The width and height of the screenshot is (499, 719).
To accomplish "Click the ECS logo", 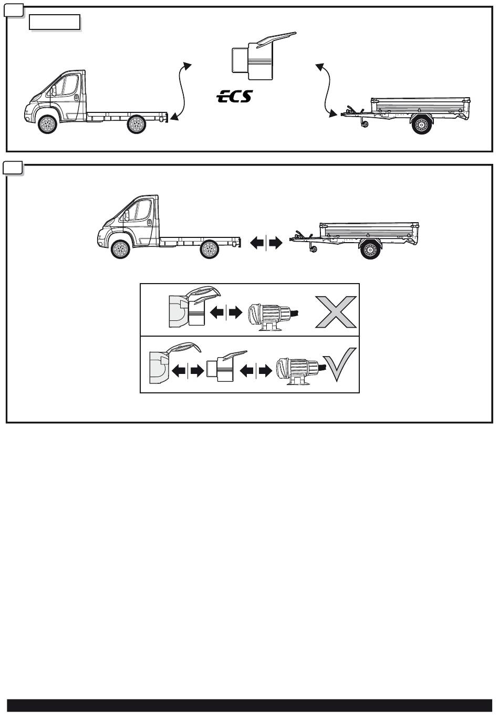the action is (x=235, y=96).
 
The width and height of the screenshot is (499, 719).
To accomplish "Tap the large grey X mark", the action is (x=336, y=311).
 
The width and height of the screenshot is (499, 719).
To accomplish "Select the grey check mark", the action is (x=339, y=364).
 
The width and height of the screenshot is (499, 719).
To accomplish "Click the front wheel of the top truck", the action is (x=47, y=124).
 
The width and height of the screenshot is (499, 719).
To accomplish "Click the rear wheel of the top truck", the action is (x=137, y=124).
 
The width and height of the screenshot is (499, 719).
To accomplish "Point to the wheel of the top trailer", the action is (x=422, y=124).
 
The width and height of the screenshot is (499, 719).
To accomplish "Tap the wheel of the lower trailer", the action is (x=370, y=249).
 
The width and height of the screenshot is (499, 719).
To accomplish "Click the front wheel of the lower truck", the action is (x=120, y=249).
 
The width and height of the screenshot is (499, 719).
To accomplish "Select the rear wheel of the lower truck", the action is (x=210, y=249).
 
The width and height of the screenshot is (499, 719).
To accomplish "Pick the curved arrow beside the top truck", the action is (x=182, y=91).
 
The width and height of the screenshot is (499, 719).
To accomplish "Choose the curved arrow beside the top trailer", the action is (x=326, y=90).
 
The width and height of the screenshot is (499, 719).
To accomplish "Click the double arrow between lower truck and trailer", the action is (x=266, y=243).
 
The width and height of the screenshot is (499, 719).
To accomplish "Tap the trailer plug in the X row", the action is (x=273, y=317).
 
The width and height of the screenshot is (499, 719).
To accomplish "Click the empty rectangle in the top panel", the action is (x=55, y=22).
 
